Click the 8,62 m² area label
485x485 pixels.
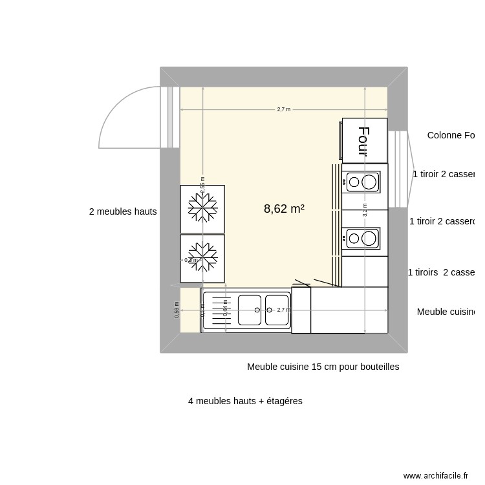click(x=284, y=209)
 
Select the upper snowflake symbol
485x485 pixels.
click(x=202, y=208)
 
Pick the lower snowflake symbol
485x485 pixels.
click(x=202, y=257)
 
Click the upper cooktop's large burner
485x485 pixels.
click(x=369, y=182)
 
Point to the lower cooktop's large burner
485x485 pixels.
click(x=369, y=239)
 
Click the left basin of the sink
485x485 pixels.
click(x=249, y=310)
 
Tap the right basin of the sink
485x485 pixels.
click(x=277, y=310)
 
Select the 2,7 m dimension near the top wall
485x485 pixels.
click(x=283, y=109)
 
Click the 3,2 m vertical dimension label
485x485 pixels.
click(x=365, y=210)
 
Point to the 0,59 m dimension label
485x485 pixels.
click(x=177, y=310)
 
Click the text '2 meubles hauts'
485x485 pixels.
click(x=123, y=211)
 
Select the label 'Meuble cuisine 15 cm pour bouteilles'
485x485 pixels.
click(x=323, y=367)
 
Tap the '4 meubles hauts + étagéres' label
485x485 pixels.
click(x=245, y=401)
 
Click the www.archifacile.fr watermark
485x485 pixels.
click(x=435, y=475)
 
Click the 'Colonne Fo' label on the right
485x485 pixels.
click(x=450, y=135)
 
